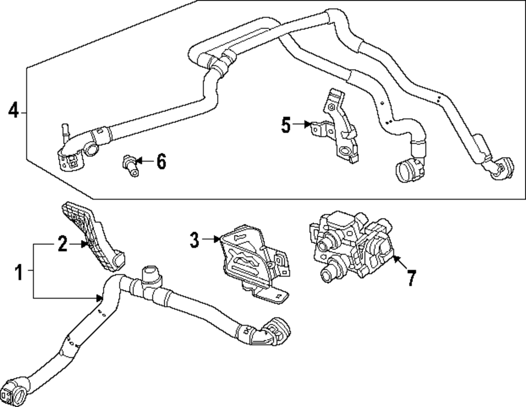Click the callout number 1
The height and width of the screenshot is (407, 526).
pos(18,273)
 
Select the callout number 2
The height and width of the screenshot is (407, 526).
pos(63,244)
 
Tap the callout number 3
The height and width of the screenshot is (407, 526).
pos(195,241)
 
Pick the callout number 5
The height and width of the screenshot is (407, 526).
pos(286,125)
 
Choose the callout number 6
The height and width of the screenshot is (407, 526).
pos(160,162)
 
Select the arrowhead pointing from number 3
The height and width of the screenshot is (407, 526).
pos(216,240)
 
